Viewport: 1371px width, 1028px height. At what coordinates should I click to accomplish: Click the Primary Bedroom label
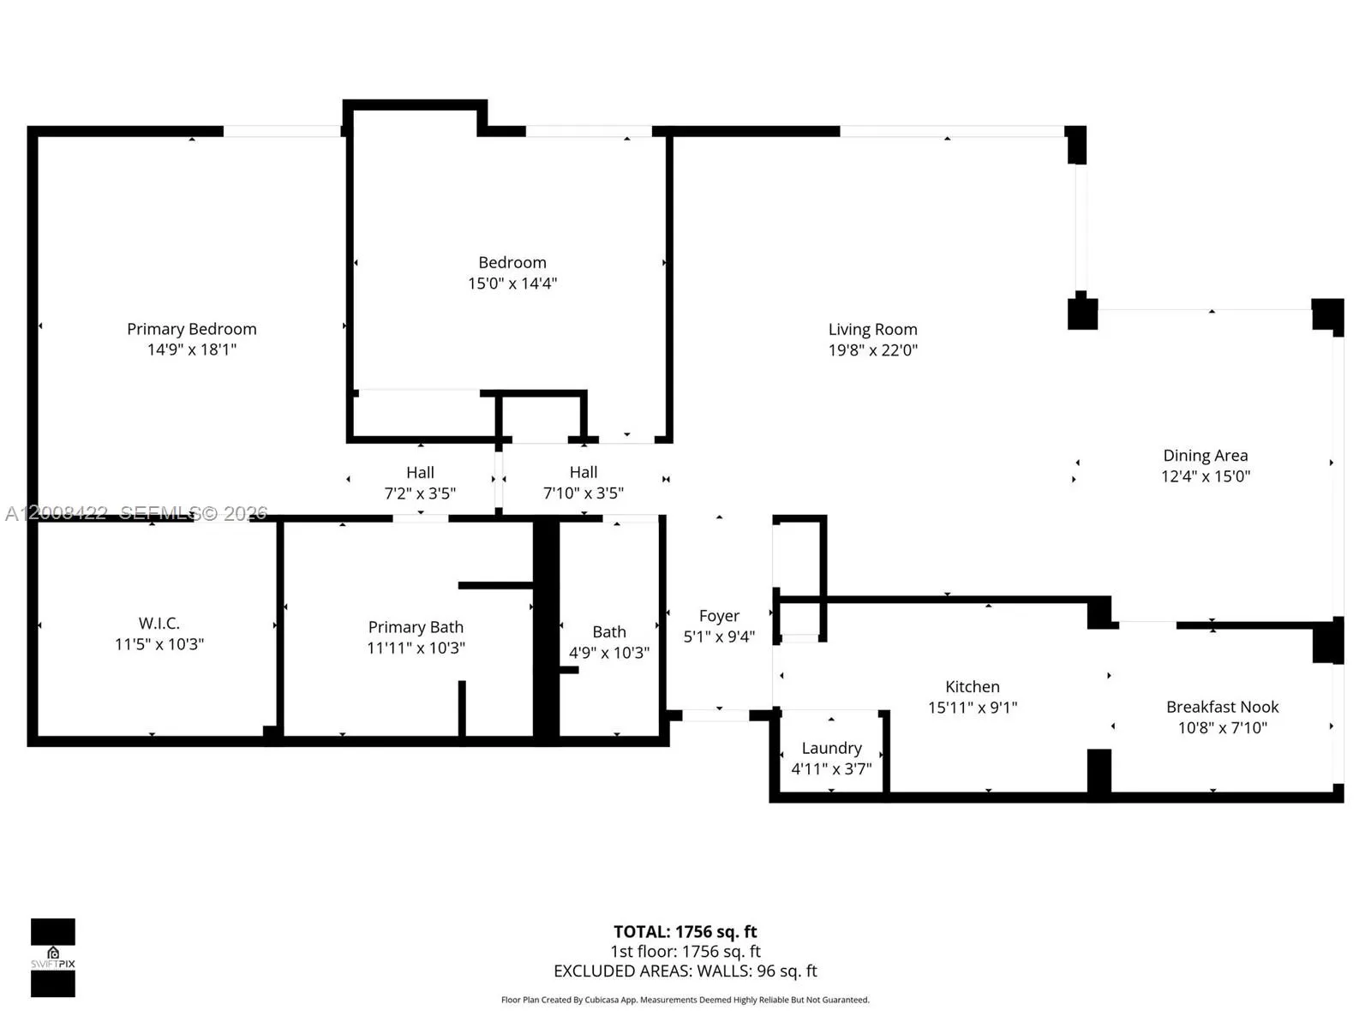(x=191, y=329)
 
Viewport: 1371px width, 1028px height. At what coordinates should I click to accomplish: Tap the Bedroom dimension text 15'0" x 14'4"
(x=512, y=284)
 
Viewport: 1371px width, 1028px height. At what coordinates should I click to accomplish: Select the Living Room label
(x=872, y=329)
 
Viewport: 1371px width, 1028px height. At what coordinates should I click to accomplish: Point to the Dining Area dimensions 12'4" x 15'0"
(x=1205, y=476)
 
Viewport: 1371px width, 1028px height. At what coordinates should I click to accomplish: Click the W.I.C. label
(x=159, y=623)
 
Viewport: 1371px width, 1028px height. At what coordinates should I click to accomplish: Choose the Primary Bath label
(x=416, y=627)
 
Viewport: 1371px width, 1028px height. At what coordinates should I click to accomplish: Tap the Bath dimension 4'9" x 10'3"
(x=608, y=653)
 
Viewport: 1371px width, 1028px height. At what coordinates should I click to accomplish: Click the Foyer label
(x=719, y=616)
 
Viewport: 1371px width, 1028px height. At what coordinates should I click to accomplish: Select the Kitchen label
(x=972, y=686)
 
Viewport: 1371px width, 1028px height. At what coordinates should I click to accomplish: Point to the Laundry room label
(x=831, y=748)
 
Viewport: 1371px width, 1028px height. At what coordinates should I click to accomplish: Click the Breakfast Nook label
(x=1222, y=707)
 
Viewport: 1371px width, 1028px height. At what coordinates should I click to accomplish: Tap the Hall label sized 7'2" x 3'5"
(x=420, y=472)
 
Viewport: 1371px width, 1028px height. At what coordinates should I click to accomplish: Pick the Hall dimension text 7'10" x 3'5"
(x=583, y=493)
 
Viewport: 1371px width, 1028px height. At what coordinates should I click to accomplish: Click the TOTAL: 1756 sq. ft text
(x=685, y=931)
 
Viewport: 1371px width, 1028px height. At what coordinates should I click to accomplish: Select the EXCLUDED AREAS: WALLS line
(x=685, y=971)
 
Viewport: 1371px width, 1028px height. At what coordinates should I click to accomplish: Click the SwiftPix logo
(x=53, y=958)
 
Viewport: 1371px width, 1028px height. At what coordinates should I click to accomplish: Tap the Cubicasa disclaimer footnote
(x=685, y=1000)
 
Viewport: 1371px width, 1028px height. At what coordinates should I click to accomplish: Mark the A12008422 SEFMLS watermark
(x=136, y=513)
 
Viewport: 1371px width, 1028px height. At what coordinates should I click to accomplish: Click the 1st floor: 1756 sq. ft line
(x=685, y=951)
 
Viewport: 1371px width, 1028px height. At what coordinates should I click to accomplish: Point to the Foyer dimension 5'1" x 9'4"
(x=719, y=637)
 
